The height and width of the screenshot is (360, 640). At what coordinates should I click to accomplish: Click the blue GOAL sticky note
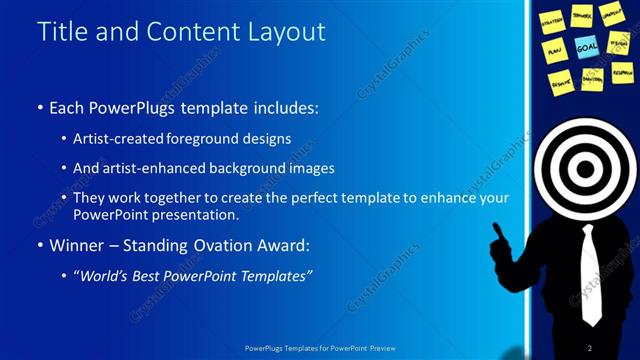pos(586,46)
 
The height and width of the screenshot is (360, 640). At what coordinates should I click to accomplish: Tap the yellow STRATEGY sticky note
pos(552,19)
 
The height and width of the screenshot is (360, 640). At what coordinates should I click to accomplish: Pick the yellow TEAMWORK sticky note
pos(583,15)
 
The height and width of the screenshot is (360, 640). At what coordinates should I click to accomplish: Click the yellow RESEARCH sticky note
pos(622,73)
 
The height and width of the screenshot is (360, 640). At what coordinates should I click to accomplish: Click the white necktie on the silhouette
pos(592,270)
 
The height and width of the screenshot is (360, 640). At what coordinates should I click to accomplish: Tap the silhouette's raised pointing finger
pos(495,229)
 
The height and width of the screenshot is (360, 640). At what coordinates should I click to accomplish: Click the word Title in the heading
pos(62,32)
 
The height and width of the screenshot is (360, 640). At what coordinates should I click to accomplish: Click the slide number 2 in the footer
pos(590,347)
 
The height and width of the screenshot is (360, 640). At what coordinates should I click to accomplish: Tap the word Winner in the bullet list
pos(77,244)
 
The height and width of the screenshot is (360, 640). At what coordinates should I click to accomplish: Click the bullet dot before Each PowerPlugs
pos(39,106)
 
